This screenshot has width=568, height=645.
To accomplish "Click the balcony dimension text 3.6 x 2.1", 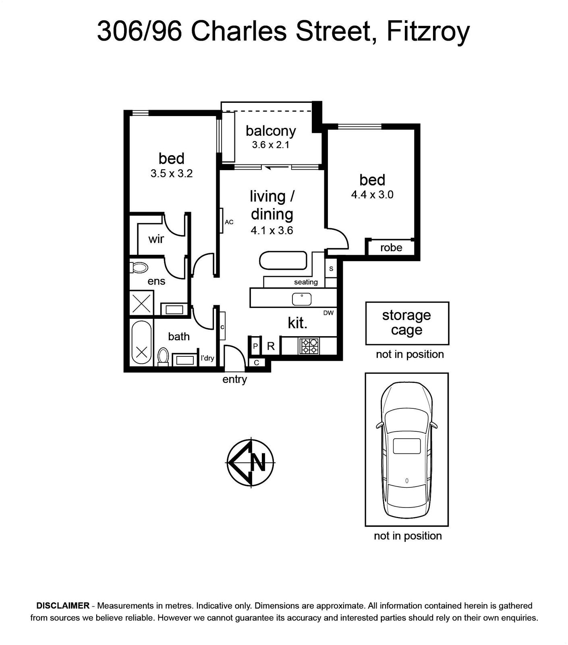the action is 271,145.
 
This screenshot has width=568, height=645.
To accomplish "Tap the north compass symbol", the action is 251,463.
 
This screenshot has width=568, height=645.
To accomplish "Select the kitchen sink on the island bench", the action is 301,299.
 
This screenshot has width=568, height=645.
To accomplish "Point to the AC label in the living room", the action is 229,222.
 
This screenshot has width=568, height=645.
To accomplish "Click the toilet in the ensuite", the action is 139,267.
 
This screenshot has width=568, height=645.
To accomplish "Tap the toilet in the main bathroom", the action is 163,357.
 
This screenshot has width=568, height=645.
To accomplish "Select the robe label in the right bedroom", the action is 391,248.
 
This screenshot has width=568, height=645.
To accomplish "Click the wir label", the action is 156,239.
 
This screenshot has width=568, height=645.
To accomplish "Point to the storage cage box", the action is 407,323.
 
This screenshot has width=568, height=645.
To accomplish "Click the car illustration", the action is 406,449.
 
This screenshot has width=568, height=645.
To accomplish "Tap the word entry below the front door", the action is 234,379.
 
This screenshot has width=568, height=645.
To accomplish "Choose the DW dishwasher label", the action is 328,313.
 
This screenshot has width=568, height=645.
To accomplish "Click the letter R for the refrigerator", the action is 271,346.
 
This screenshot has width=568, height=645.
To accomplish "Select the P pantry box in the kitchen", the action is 255,346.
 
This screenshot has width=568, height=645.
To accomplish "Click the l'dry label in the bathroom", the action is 207,358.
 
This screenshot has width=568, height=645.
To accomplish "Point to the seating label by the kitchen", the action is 306,282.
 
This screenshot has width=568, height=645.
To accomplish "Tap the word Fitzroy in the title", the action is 428,31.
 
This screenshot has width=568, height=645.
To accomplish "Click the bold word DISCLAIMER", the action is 63,605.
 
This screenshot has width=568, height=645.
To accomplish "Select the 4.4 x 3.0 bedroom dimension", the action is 372,195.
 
